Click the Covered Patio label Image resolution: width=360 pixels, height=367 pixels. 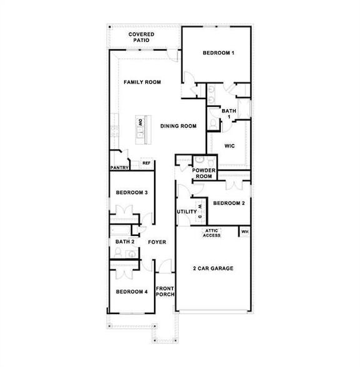(x=141, y=37)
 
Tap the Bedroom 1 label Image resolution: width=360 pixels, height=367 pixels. (x=218, y=53)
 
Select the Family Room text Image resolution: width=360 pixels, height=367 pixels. (x=142, y=82)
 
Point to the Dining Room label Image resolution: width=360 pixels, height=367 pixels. (x=178, y=126)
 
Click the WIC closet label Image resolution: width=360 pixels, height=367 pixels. (x=230, y=146)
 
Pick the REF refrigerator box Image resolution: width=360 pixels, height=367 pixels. (x=147, y=163)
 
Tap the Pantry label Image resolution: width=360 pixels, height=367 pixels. (x=120, y=167)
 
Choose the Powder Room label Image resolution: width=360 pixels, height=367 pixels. (x=204, y=174)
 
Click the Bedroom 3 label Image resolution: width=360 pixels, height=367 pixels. (x=132, y=193)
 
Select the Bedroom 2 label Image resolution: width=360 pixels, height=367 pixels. (x=229, y=203)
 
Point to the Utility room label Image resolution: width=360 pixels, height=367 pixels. (x=187, y=212)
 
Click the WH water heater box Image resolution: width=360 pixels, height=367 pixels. (x=245, y=232)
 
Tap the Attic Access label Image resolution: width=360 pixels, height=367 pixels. (x=212, y=233)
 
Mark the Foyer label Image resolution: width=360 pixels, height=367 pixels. (x=157, y=242)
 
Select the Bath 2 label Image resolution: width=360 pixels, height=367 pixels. (x=125, y=242)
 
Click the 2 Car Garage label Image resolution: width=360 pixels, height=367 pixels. (x=213, y=268)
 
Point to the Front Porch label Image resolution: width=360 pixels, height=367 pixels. (x=165, y=291)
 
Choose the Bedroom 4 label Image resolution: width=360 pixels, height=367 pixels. (x=132, y=291)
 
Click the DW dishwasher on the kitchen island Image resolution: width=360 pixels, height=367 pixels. (x=140, y=122)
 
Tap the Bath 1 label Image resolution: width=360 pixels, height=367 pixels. (x=229, y=114)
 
